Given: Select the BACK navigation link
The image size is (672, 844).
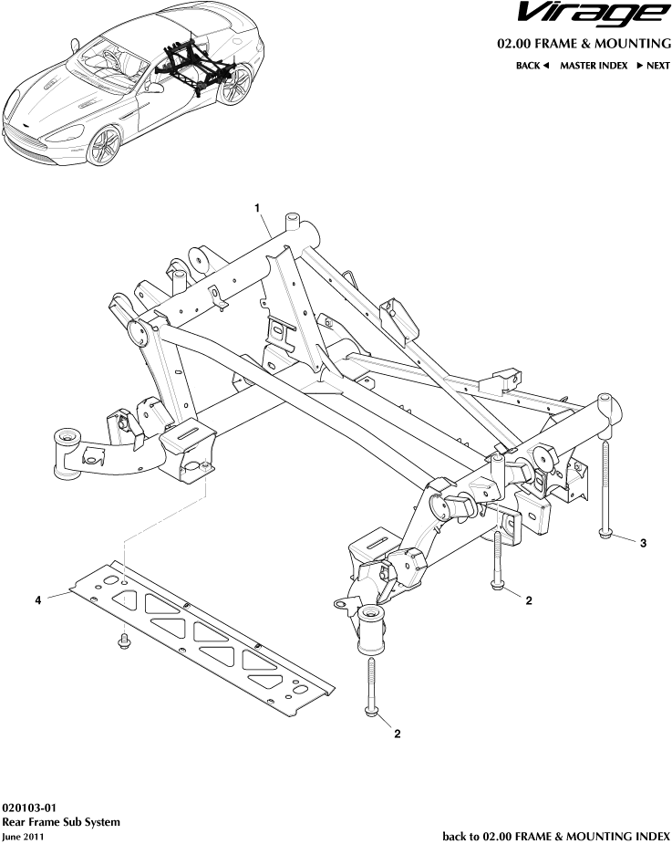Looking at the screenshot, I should coord(532,66).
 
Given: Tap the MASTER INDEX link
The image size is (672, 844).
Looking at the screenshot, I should coord(593,66).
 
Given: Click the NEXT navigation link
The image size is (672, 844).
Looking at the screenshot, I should coord(653,66).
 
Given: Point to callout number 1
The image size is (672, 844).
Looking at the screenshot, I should coord(259,208).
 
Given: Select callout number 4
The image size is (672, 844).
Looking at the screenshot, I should coord(38,599).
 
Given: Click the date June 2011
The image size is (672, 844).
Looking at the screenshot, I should coord(23,836).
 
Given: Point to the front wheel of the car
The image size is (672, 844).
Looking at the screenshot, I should coord(106,145).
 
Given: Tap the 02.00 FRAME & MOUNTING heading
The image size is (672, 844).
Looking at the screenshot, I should coord(583,44).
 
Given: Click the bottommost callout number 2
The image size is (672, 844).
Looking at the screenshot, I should coord(397,733).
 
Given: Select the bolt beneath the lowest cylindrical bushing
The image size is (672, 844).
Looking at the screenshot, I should coord(372,690).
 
